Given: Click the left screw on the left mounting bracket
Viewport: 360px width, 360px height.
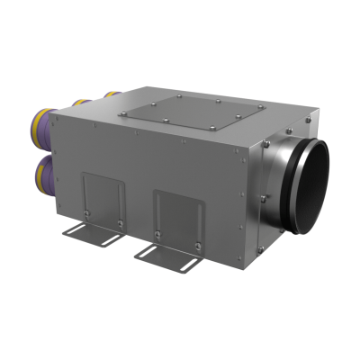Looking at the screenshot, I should [x=87, y=212].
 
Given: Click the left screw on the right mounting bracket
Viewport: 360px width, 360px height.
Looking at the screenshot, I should [x=158, y=231].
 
